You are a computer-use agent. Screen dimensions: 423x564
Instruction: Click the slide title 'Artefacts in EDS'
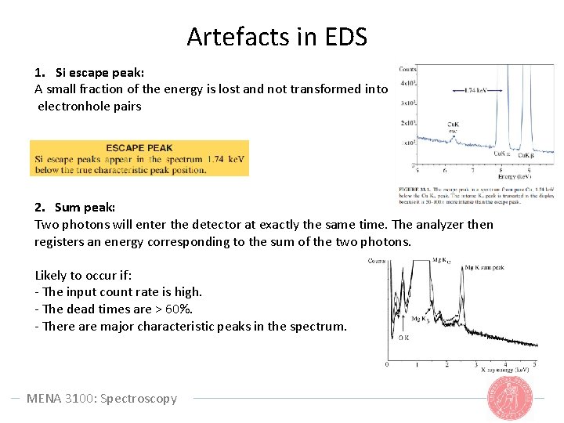click(277, 36)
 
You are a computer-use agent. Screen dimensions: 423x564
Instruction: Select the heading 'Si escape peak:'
click(94, 72)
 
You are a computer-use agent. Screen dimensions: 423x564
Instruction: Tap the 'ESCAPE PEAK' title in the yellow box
click(139, 148)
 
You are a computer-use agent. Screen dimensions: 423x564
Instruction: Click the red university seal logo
click(510, 398)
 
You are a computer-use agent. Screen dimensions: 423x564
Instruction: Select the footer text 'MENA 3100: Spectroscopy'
click(102, 398)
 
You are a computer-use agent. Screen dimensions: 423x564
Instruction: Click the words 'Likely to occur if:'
click(83, 275)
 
